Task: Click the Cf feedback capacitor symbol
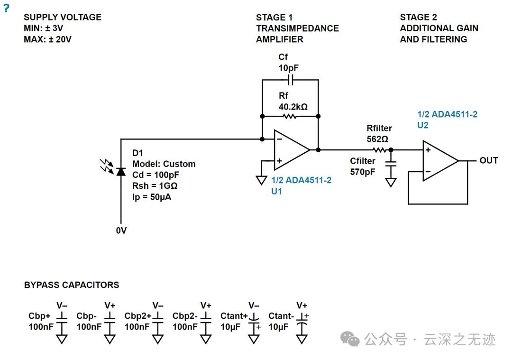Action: [291, 79]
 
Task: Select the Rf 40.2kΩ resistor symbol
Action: [290, 116]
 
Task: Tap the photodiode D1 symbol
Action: [121, 171]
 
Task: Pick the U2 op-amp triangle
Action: [440, 161]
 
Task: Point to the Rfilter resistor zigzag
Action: [379, 150]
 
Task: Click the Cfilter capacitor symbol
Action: [391, 163]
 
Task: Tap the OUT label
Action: [488, 160]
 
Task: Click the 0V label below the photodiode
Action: [121, 231]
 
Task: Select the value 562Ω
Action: [377, 139]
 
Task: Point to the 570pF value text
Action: [363, 172]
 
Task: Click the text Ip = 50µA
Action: [152, 197]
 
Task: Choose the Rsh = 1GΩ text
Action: [155, 186]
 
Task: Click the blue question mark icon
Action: [6, 8]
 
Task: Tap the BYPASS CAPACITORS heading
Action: [72, 285]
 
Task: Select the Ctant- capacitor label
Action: [281, 316]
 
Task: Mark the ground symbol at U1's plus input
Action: [261, 180]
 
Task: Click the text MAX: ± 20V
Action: [47, 39]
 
